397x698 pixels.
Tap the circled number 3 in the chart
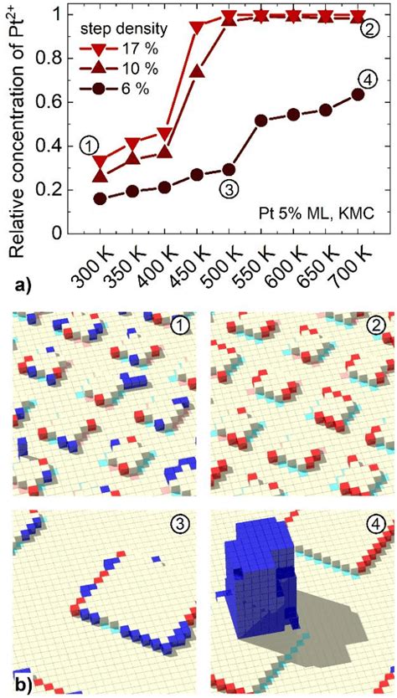pos(226,189)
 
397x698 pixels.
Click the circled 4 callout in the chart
pos(365,80)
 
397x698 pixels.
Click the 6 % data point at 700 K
pos(358,94)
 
